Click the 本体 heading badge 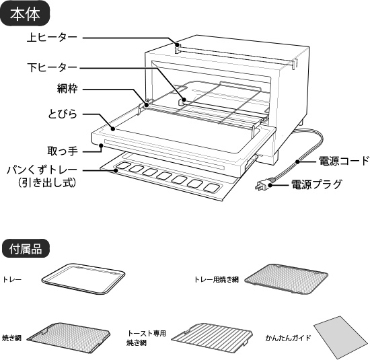[x=25, y=14]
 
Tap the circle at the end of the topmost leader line [x=178, y=45]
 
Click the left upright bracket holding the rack [x=144, y=106]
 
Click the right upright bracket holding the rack [x=254, y=127]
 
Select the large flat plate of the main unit [x=182, y=131]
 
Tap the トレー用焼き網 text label [x=215, y=279]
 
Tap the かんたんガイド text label [x=287, y=337]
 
